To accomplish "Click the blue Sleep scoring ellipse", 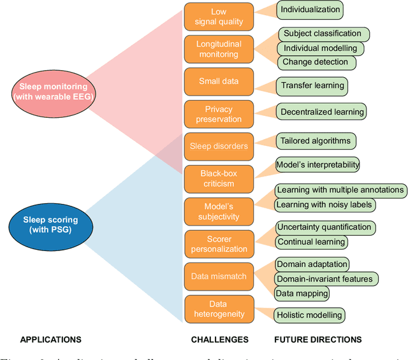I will (50, 224).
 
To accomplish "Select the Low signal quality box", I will (219, 17).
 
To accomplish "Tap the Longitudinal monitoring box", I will (219, 49).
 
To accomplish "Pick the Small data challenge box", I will (219, 82).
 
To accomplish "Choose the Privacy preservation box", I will (219, 114).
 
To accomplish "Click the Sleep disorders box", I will (219, 146).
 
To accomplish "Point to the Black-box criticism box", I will (219, 178).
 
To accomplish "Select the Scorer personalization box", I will (219, 244).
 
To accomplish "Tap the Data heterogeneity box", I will (219, 309).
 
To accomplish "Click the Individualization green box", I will (310, 10).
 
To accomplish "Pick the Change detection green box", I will (316, 62).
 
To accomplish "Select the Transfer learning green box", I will (312, 85).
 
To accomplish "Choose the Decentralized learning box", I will (322, 112).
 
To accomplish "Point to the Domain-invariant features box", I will (326, 278).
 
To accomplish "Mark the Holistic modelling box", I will (310, 314).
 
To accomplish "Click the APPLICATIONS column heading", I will (51, 340).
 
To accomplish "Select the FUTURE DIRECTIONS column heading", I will (317, 340).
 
